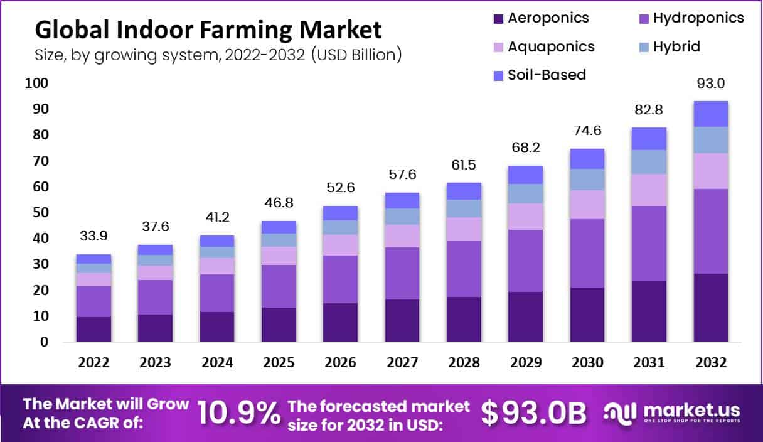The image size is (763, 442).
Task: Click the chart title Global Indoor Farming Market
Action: coord(208,30)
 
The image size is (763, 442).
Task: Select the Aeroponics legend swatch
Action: coord(499,18)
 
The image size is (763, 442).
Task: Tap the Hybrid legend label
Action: coord(676,46)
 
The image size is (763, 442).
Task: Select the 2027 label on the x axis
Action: coord(402,363)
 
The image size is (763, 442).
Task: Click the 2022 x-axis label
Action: coord(93,363)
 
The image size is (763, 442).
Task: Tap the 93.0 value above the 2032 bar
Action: coord(710,84)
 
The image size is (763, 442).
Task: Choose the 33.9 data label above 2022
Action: coord(93,237)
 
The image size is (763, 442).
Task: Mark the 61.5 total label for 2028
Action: coord(464,166)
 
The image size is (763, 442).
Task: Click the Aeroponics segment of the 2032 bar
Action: coord(710,308)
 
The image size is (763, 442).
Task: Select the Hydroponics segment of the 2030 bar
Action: coord(587,253)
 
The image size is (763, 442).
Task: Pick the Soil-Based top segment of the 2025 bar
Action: coord(279,227)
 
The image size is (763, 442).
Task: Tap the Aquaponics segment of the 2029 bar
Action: coord(526,216)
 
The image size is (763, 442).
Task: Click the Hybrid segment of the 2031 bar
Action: coord(649,162)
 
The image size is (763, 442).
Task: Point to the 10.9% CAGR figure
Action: coord(238,412)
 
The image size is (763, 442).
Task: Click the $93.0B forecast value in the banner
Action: coord(533,412)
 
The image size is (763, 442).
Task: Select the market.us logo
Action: coord(671,412)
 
